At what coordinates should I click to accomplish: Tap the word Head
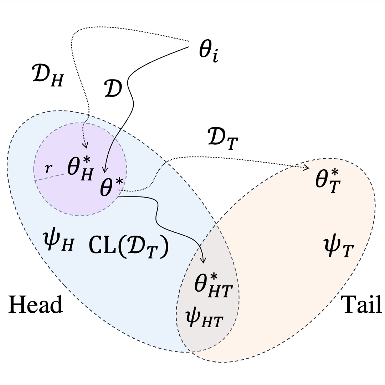click(x=35, y=305)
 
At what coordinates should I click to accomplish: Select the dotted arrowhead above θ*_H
click(x=85, y=145)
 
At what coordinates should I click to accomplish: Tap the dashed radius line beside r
click(x=50, y=177)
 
